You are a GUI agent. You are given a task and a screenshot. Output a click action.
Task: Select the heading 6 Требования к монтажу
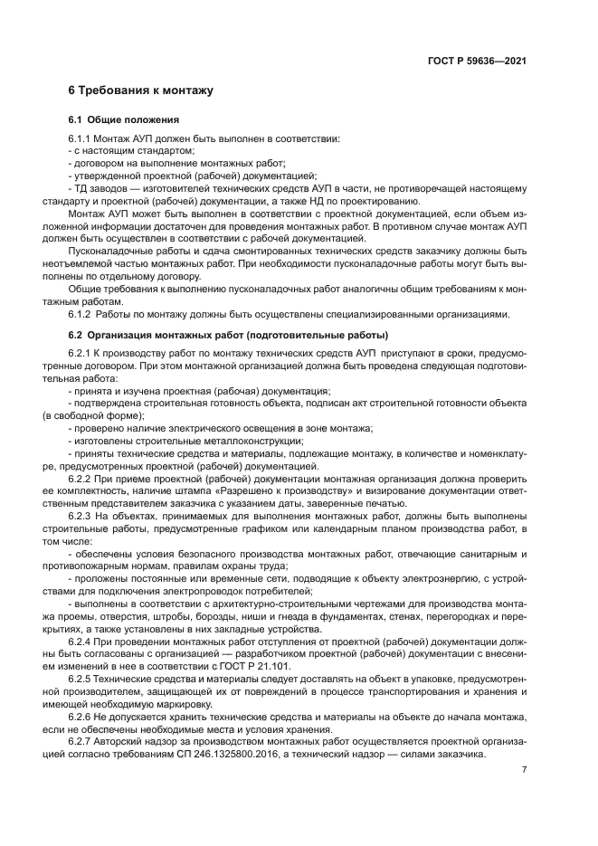tap(140, 91)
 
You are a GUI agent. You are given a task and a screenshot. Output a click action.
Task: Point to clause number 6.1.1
tap(80, 138)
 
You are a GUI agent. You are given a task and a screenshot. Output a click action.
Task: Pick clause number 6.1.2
tap(80, 314)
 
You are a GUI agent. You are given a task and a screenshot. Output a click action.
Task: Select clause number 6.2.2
tap(80, 478)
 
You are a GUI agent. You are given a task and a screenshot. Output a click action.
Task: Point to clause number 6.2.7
tap(80, 738)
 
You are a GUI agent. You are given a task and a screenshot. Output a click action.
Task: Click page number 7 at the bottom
tap(524, 770)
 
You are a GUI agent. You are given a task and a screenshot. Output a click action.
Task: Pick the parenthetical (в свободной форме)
tap(106, 416)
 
